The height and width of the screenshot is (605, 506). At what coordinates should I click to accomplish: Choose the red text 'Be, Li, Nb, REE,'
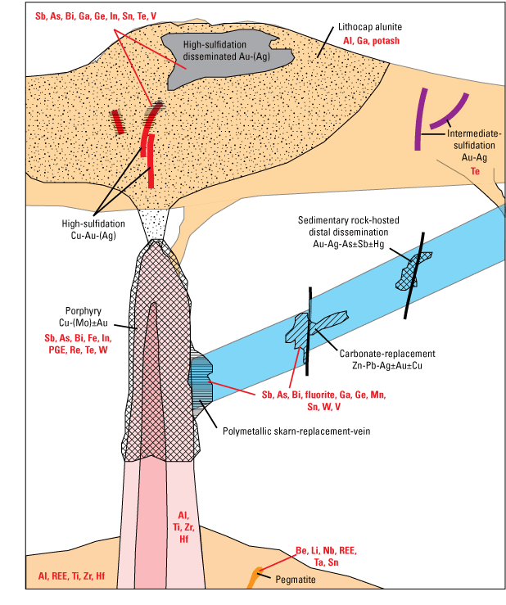click(x=325, y=549)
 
